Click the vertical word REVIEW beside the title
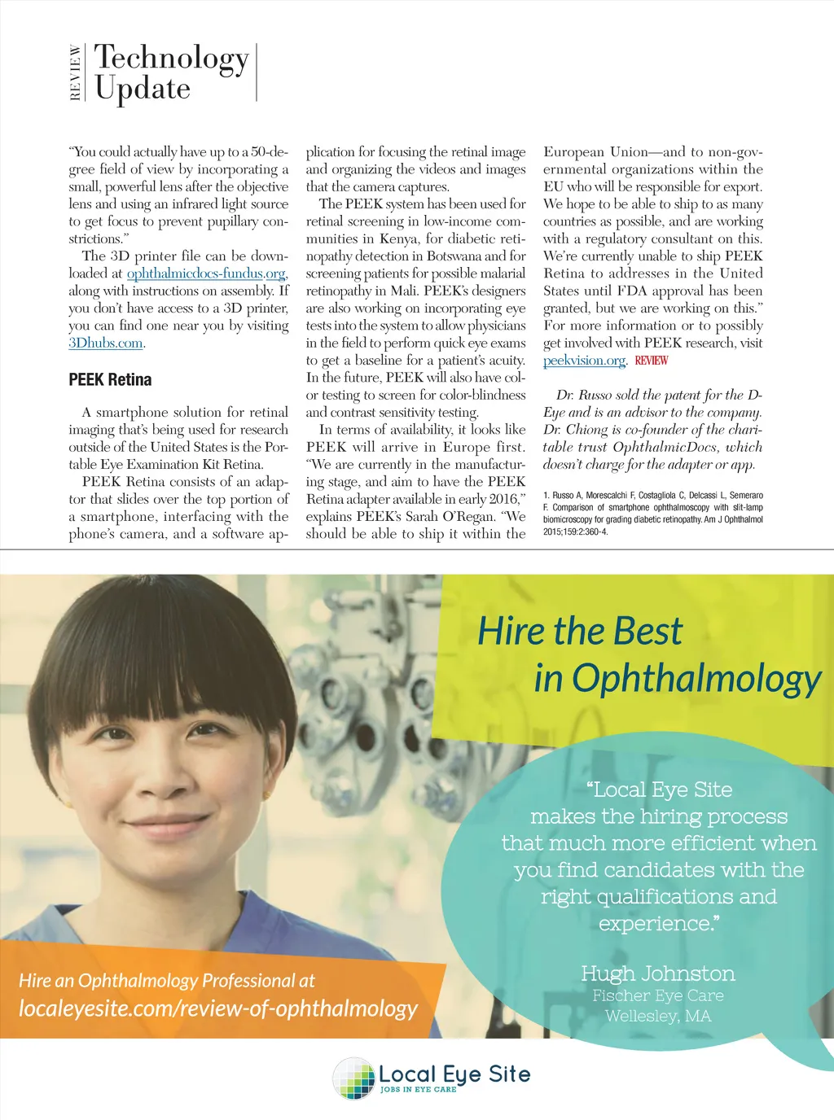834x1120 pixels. point(76,72)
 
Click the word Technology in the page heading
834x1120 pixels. point(171,58)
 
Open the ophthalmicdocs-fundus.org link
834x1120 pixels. point(207,273)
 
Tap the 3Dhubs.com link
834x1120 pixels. point(106,343)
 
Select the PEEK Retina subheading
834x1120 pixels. point(110,380)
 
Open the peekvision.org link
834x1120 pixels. point(584,361)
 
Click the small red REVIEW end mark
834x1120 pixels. point(651,361)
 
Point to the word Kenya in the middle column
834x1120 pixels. point(401,238)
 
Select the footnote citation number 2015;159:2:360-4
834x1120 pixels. point(575,532)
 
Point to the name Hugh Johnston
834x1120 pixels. point(657,973)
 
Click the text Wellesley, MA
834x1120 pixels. point(657,1016)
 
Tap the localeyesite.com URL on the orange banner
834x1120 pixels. point(217,1009)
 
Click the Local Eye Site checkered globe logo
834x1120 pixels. point(353,1078)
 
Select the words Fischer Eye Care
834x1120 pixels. point(657,995)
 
